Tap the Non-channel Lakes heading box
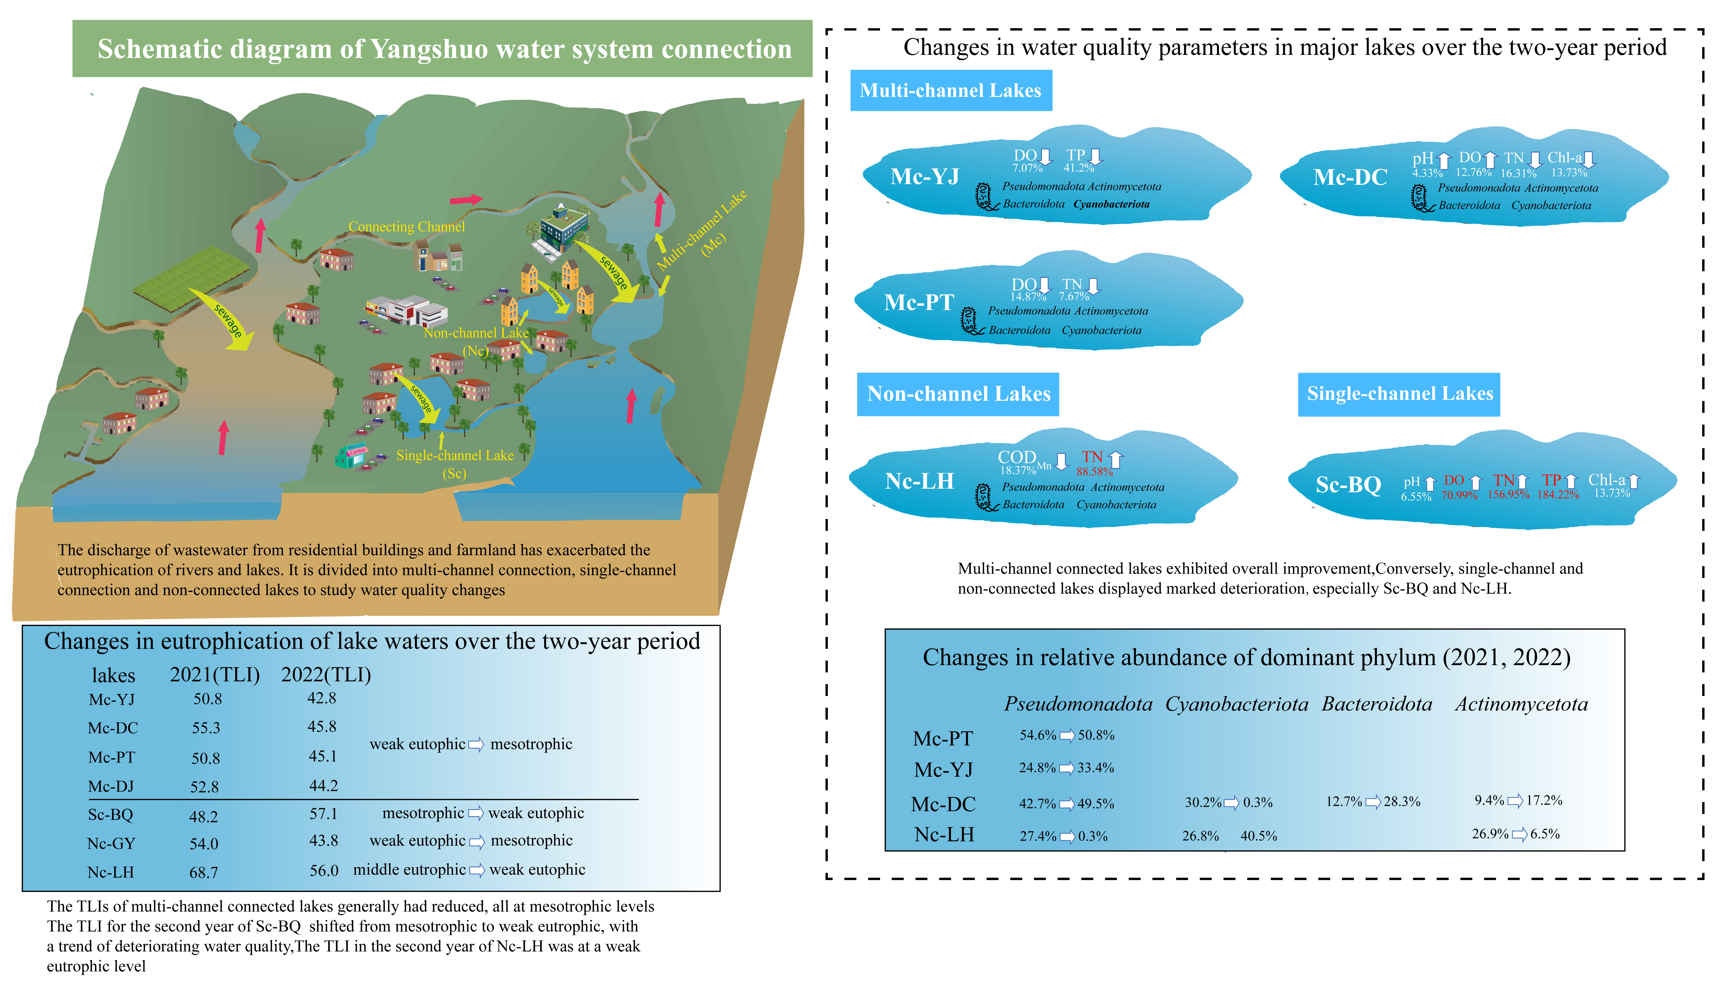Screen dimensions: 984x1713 [958, 394]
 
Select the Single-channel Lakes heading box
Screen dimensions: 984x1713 [1399, 394]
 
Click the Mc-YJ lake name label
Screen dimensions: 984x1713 [924, 176]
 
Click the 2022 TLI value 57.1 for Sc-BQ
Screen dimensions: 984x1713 [323, 814]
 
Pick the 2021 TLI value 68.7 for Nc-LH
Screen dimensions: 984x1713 [204, 873]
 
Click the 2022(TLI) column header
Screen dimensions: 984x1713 [326, 675]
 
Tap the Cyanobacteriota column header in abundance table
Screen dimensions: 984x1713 [1236, 704]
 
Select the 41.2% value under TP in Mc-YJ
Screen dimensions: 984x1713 [1078, 168]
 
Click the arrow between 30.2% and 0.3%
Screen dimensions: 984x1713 [1232, 803]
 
